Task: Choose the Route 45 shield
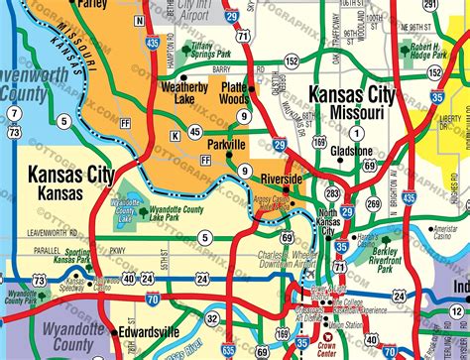click(195, 131)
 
